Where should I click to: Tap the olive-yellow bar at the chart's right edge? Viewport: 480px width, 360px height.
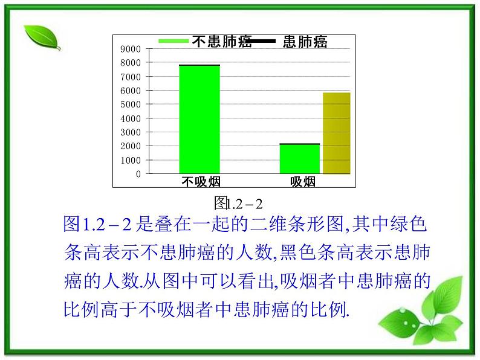pos(337,133)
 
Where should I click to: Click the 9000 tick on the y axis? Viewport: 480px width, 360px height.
pos(131,49)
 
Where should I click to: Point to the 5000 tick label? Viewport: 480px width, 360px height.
pos(131,104)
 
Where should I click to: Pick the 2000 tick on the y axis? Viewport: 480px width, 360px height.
pos(131,146)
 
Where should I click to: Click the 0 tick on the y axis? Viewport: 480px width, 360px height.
pos(138,174)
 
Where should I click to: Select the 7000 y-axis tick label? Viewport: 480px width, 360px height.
pos(131,77)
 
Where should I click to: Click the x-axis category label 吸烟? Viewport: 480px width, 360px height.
pos(303,182)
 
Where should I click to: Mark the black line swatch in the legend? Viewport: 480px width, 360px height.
pos(262,41)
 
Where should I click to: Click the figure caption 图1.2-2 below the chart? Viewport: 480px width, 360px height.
pos(240,201)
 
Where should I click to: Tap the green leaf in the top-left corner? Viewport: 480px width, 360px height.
pos(42,37)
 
